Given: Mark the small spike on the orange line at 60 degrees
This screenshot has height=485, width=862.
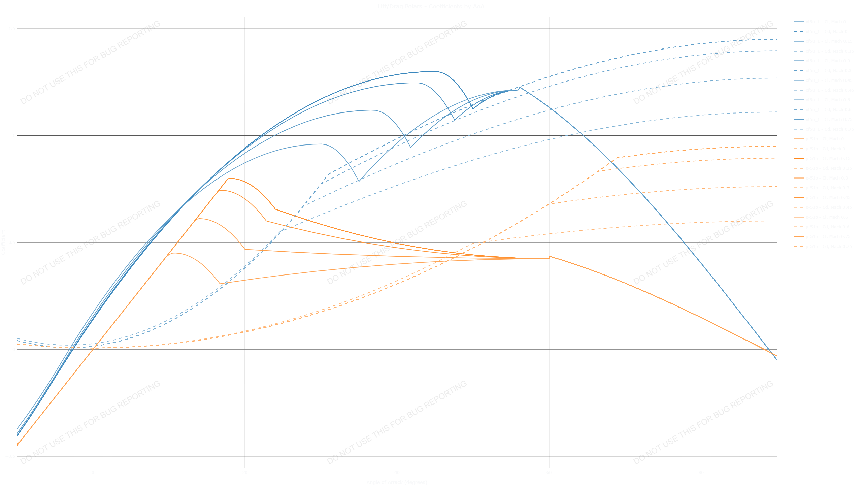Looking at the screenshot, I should pyautogui.click(x=550, y=256).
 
